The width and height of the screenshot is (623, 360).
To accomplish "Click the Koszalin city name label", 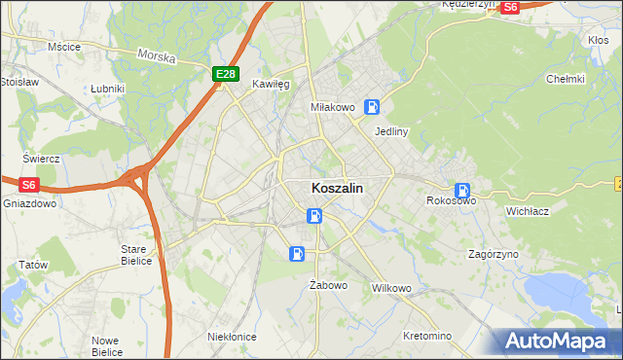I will pos(339,190).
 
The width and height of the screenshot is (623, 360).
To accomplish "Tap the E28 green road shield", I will pos(226,74).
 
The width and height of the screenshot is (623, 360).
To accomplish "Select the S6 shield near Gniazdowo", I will pos(28,184).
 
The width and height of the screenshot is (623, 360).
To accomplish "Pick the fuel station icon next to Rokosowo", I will pos(463,191).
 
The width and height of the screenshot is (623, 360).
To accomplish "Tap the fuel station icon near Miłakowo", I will pos(372,107).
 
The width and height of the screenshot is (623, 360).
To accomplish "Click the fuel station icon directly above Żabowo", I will pos(297,254).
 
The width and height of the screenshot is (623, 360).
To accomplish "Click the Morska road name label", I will pos(157,57).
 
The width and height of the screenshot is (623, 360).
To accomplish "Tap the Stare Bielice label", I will pos(133,255).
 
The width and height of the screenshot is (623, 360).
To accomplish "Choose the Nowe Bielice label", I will pos(106,345).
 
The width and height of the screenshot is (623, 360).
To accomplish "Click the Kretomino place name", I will pos(426,336).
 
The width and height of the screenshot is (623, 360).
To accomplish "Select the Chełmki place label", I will pos(566,79).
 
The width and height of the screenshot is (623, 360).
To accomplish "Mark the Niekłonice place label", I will pos(232,336).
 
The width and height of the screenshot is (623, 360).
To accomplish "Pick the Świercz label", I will pos(42,159).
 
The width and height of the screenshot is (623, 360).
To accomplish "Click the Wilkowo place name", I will pos(392,289).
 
